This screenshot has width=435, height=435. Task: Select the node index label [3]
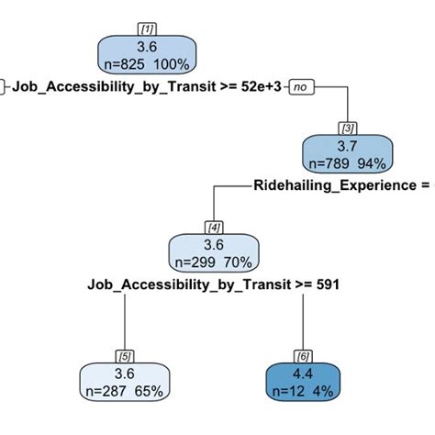pyautogui.click(x=349, y=127)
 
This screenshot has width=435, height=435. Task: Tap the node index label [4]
pyautogui.click(x=213, y=228)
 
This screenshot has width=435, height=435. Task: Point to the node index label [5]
pyautogui.click(x=125, y=355)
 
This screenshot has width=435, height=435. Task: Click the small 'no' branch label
pyautogui.click(x=301, y=88)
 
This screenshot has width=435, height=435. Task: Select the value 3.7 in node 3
pyautogui.click(x=349, y=146)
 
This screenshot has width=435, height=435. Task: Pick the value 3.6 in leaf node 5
pyautogui.click(x=125, y=374)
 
